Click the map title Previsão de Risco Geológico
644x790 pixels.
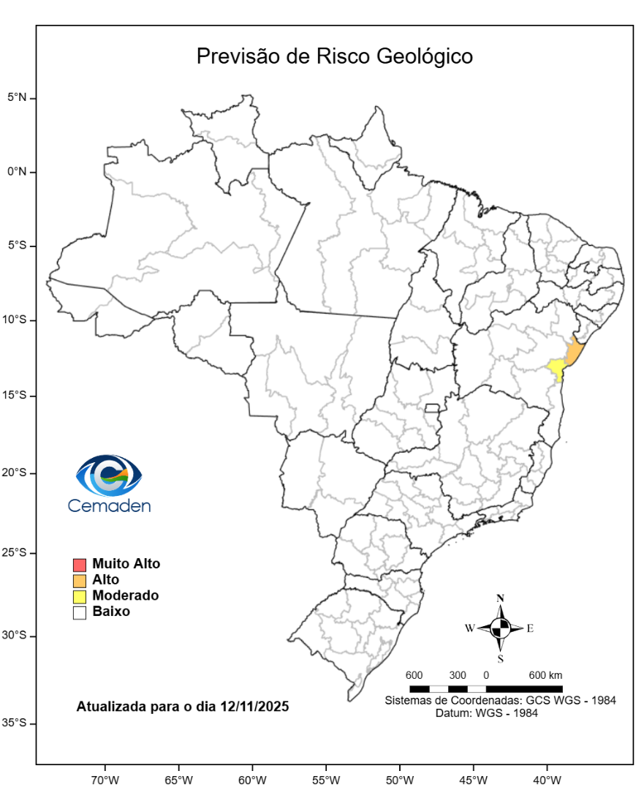click(335, 57)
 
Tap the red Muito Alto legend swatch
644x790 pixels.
click(80, 565)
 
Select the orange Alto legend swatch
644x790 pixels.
click(80, 580)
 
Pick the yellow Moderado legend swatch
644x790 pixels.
click(80, 596)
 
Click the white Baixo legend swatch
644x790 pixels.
click(80, 612)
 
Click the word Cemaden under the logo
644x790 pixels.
click(109, 505)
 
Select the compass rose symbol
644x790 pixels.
click(501, 628)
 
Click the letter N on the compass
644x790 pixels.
click(501, 598)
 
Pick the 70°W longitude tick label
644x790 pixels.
click(105, 779)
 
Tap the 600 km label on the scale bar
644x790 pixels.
click(545, 674)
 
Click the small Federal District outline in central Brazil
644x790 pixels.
click(433, 407)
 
